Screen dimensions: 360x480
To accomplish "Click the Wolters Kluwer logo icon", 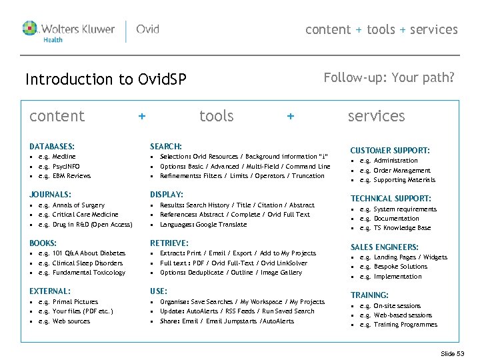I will (30, 29).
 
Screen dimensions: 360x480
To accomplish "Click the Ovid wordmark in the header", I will (147, 29).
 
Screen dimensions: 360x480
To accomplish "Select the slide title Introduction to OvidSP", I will (105, 79).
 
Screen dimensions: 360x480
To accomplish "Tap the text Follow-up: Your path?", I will (389, 77).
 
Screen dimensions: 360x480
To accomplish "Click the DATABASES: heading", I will (52, 146).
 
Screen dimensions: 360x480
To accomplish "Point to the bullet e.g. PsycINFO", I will (59, 166).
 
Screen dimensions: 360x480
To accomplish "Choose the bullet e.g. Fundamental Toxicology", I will (81, 273).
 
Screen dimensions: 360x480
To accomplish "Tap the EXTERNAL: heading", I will (50, 291).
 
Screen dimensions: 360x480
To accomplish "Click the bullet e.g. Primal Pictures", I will (68, 302).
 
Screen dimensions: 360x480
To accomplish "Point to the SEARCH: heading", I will (166, 146).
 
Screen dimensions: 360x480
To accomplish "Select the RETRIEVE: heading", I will (169, 243).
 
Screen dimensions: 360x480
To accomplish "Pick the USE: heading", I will (159, 291).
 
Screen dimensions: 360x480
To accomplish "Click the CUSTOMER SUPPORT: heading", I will (390, 151).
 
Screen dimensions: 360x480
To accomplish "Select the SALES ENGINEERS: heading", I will (385, 247).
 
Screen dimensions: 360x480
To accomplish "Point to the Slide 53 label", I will (453, 353).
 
